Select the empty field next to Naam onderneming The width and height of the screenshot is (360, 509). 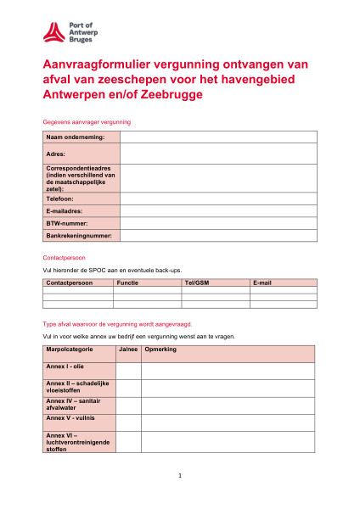218,137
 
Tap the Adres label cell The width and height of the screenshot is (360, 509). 81,154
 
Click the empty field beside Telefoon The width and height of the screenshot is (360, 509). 218,199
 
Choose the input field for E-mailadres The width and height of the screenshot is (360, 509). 218,210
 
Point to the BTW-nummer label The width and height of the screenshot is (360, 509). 81,222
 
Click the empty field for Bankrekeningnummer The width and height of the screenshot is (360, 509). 218,235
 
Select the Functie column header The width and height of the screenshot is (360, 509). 147,282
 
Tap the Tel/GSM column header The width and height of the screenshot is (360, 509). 216,282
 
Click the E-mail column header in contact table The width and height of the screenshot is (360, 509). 283,282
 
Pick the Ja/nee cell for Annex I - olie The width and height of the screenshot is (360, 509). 127,371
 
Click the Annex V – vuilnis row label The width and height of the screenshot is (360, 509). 78,422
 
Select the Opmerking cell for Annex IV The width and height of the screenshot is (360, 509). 228,405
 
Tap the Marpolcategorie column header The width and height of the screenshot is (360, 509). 78,353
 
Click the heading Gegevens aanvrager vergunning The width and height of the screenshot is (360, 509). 86,122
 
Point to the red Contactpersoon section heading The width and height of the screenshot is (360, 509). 64,257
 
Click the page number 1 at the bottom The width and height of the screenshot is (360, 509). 180,476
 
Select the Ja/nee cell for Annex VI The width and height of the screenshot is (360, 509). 127,441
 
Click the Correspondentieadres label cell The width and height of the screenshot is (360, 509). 81,178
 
